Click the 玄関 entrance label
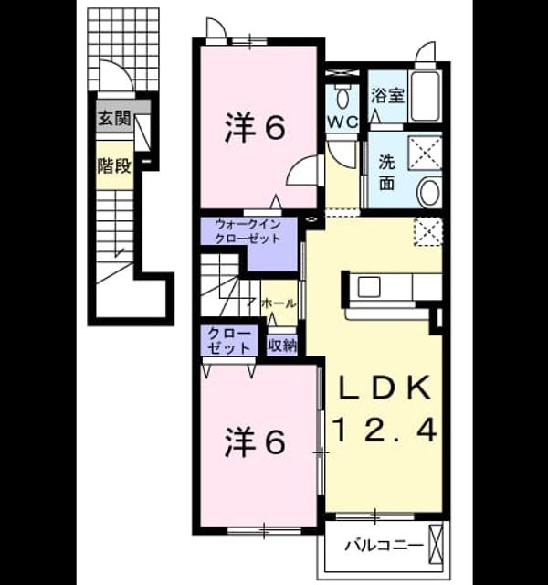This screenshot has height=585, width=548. click(115, 119)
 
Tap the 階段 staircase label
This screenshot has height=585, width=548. click(115, 166)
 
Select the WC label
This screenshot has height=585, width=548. click(342, 122)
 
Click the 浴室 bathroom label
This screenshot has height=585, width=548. click(387, 95)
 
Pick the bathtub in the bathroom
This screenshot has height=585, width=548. click(425, 95)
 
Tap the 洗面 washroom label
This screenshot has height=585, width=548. click(387, 173)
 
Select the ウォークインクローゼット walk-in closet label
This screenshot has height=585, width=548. click(248, 231)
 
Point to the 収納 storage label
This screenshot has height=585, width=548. click(282, 346)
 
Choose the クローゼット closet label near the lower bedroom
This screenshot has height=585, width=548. click(229, 341)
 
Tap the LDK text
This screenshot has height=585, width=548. click(384, 388)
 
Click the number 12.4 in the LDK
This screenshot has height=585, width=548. click(385, 430)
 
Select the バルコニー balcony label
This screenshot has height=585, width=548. click(384, 546)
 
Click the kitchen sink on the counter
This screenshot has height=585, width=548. click(369, 287)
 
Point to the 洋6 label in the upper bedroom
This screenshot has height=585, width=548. click(256, 127)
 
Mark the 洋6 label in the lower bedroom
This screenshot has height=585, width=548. click(256, 442)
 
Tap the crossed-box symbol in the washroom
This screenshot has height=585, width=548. click(426, 153)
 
